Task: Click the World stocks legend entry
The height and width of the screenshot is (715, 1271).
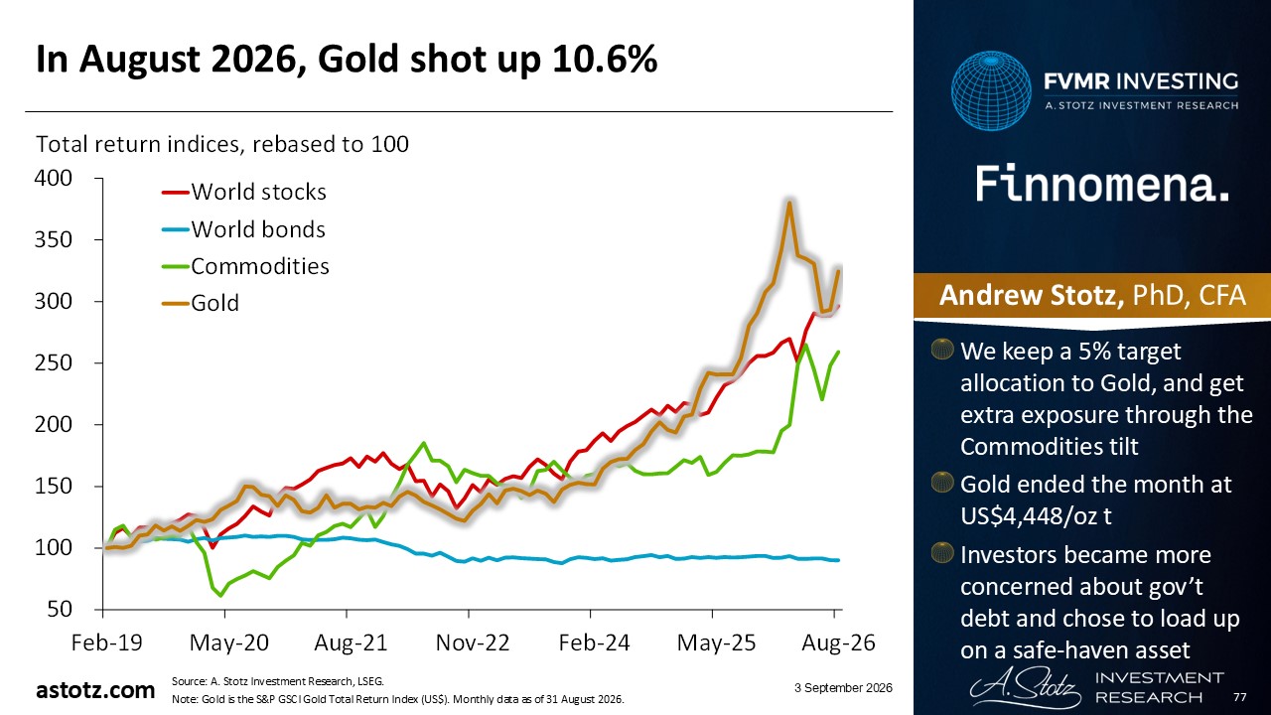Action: (244, 192)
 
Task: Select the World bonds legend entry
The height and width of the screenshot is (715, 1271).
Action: (243, 229)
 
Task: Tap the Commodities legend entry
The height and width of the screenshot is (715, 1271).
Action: (245, 266)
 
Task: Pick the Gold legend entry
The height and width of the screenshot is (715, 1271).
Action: (201, 303)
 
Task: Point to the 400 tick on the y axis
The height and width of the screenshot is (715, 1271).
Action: (54, 178)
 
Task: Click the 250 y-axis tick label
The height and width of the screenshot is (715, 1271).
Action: (54, 362)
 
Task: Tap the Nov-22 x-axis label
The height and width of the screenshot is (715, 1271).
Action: (473, 643)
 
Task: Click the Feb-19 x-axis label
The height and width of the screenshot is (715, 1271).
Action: (106, 643)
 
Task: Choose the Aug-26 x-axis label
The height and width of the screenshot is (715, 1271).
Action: (838, 643)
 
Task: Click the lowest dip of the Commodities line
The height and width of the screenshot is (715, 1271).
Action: (220, 595)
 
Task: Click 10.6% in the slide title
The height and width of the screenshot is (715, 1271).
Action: (605, 59)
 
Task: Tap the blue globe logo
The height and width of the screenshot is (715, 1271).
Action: (991, 90)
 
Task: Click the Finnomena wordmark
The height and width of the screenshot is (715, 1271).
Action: (1102, 184)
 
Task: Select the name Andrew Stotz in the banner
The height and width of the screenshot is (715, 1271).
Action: (1032, 295)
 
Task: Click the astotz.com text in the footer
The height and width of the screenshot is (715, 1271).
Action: (95, 690)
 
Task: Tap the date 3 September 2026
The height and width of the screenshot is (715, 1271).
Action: (843, 688)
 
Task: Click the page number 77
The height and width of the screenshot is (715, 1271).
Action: (1240, 697)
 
